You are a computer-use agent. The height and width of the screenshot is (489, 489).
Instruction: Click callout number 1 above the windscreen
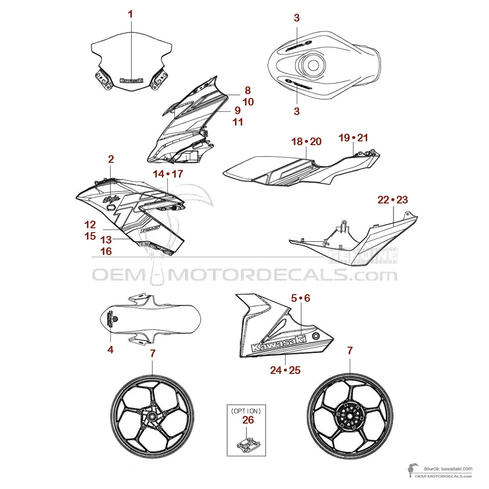click(x=130, y=14)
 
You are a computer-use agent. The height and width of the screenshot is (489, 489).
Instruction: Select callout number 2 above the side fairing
click(x=111, y=159)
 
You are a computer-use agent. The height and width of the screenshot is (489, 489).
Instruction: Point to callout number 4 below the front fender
click(x=110, y=350)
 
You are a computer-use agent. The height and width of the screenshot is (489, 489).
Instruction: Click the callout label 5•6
click(x=300, y=298)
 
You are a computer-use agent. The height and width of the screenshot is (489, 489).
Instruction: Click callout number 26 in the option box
click(x=248, y=420)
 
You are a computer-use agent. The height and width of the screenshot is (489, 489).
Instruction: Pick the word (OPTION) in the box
click(x=245, y=410)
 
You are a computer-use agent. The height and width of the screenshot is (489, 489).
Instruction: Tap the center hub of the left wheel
click(x=152, y=417)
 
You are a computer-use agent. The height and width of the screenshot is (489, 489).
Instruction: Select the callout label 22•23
click(x=393, y=200)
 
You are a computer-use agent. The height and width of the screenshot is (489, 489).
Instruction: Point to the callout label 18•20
click(x=306, y=141)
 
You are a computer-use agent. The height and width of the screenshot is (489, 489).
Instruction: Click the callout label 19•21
click(x=353, y=138)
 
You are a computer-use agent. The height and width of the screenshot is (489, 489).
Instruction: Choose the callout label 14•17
click(x=168, y=174)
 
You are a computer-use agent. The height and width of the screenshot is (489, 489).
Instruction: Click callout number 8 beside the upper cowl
click(x=247, y=90)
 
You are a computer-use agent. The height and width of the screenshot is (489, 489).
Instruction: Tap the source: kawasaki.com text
click(x=447, y=468)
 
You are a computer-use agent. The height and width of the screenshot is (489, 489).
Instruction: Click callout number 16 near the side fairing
click(x=106, y=250)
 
